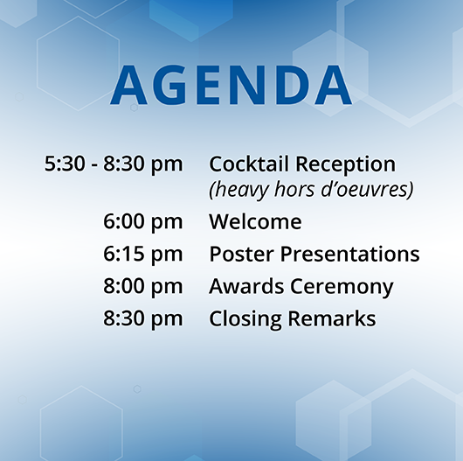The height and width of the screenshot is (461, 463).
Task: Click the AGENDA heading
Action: [231, 86]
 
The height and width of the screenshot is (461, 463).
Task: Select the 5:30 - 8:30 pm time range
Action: [114, 164]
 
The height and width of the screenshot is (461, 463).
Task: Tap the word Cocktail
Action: [249, 164]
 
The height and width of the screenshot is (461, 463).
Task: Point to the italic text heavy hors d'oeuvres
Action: [311, 189]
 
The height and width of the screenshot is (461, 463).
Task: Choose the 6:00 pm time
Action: [142, 222]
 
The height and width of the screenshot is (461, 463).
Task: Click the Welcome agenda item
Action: [255, 222]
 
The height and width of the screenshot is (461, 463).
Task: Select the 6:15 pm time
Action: [142, 255]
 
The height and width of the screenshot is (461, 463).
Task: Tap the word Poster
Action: [238, 255]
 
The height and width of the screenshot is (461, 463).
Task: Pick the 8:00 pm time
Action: [142, 287]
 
